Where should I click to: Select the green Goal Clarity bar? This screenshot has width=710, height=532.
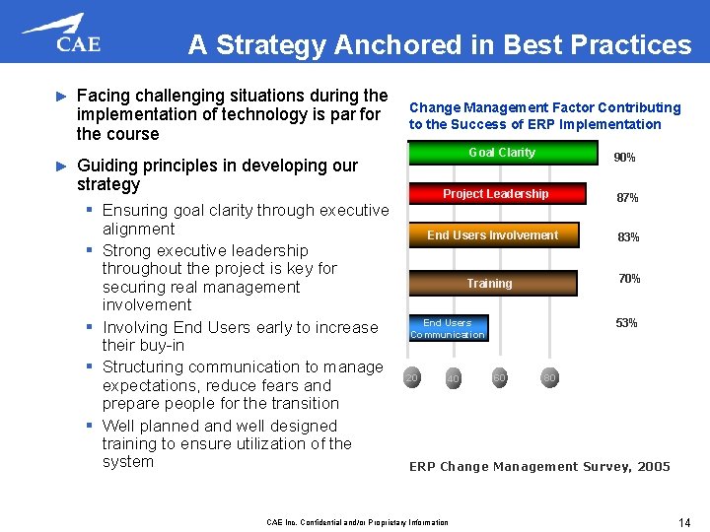coord(502,153)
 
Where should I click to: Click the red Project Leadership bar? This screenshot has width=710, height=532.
coord(495,194)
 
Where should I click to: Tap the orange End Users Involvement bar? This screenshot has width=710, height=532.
coord(492,235)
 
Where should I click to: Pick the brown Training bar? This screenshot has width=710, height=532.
coord(490,283)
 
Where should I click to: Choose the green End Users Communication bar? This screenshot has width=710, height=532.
coord(448,328)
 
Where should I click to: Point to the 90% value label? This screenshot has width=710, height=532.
coord(624,158)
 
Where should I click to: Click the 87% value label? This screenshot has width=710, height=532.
coord(627,198)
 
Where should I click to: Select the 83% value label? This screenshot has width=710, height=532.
coord(628,237)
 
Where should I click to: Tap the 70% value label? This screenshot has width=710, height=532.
coord(629,279)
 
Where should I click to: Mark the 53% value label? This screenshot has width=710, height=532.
coord(626,323)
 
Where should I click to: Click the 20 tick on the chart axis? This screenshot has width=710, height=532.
coord(412,377)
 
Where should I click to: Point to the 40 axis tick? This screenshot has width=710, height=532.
coord(453,378)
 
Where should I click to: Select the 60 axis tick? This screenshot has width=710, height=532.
coord(500,377)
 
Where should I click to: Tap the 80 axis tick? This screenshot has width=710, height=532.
coord(549,377)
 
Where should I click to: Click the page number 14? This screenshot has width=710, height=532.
coord(683,521)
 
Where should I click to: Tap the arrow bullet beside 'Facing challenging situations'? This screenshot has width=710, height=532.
coord(60,97)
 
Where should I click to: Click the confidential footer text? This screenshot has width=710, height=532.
coord(357,522)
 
